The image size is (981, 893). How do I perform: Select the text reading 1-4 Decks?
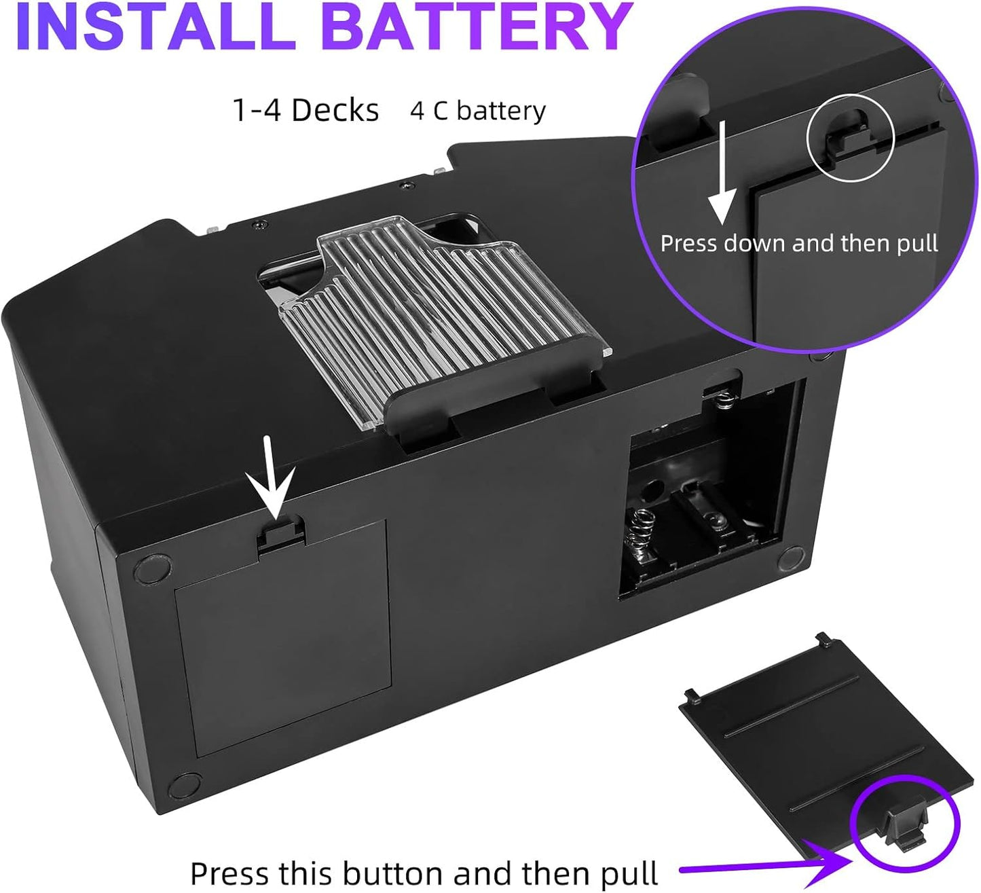click(x=306, y=110)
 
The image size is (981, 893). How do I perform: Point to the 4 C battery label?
click(x=478, y=111)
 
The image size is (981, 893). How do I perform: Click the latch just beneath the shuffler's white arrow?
click(x=280, y=532)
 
